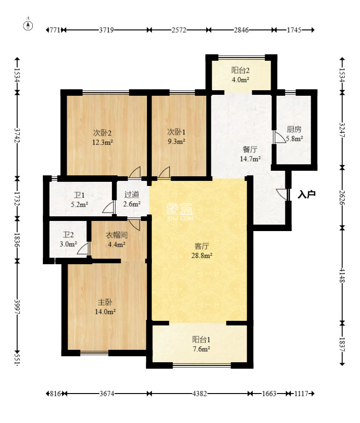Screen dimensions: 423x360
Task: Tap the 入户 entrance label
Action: tap(307, 195)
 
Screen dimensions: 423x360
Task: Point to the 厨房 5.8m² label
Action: tap(295, 133)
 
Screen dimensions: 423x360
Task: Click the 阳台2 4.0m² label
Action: tap(240, 75)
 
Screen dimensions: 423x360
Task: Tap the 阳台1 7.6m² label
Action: tap(201, 344)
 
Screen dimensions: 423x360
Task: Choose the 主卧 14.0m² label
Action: tap(105, 307)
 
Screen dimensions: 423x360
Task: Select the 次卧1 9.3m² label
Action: tap(176, 138)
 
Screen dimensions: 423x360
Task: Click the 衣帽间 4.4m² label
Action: tap(116, 239)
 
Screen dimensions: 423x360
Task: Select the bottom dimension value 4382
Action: tap(199, 394)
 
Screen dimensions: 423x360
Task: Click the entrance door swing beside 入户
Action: tap(282, 194)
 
